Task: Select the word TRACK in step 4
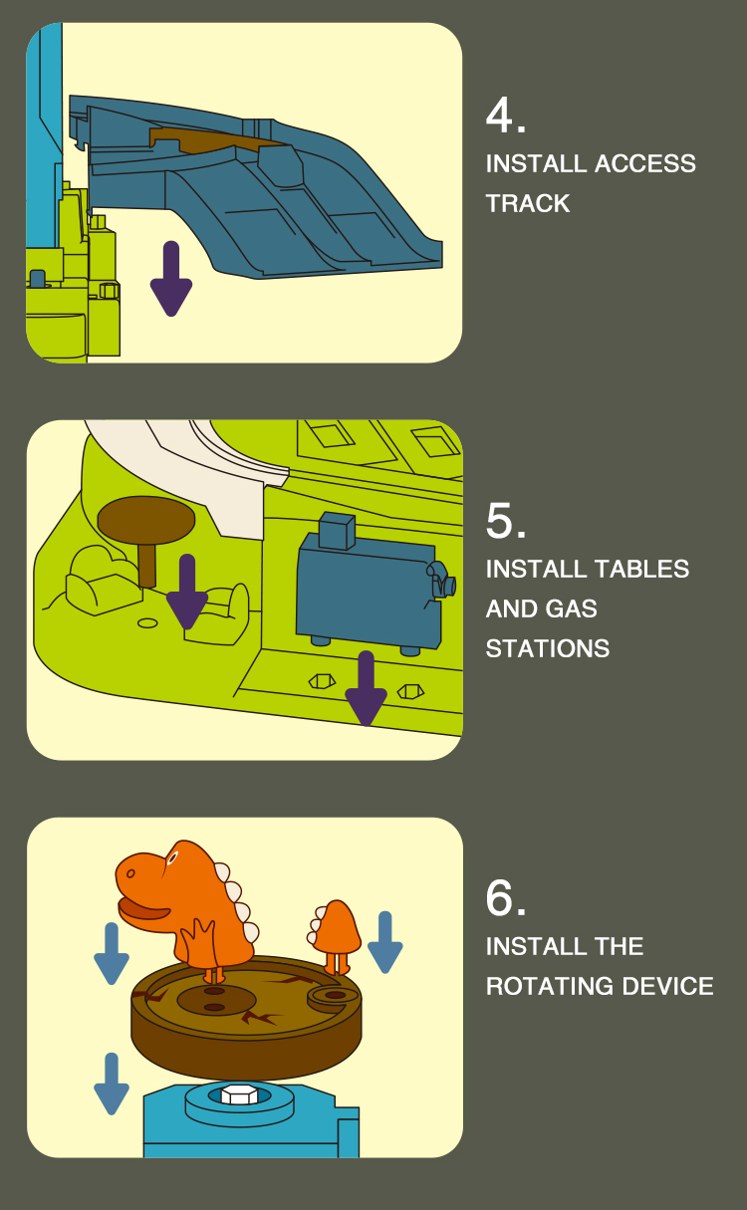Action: click(528, 203)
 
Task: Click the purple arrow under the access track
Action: click(171, 278)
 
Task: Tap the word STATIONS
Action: click(548, 648)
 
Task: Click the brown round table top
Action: click(145, 520)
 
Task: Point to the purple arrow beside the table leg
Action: click(187, 592)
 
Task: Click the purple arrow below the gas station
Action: click(366, 689)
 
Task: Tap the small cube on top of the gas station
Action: click(337, 531)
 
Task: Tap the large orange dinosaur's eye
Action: click(172, 857)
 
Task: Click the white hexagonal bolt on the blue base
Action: click(239, 1094)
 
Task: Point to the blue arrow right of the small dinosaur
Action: click(385, 943)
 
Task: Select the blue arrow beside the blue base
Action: click(112, 1085)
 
